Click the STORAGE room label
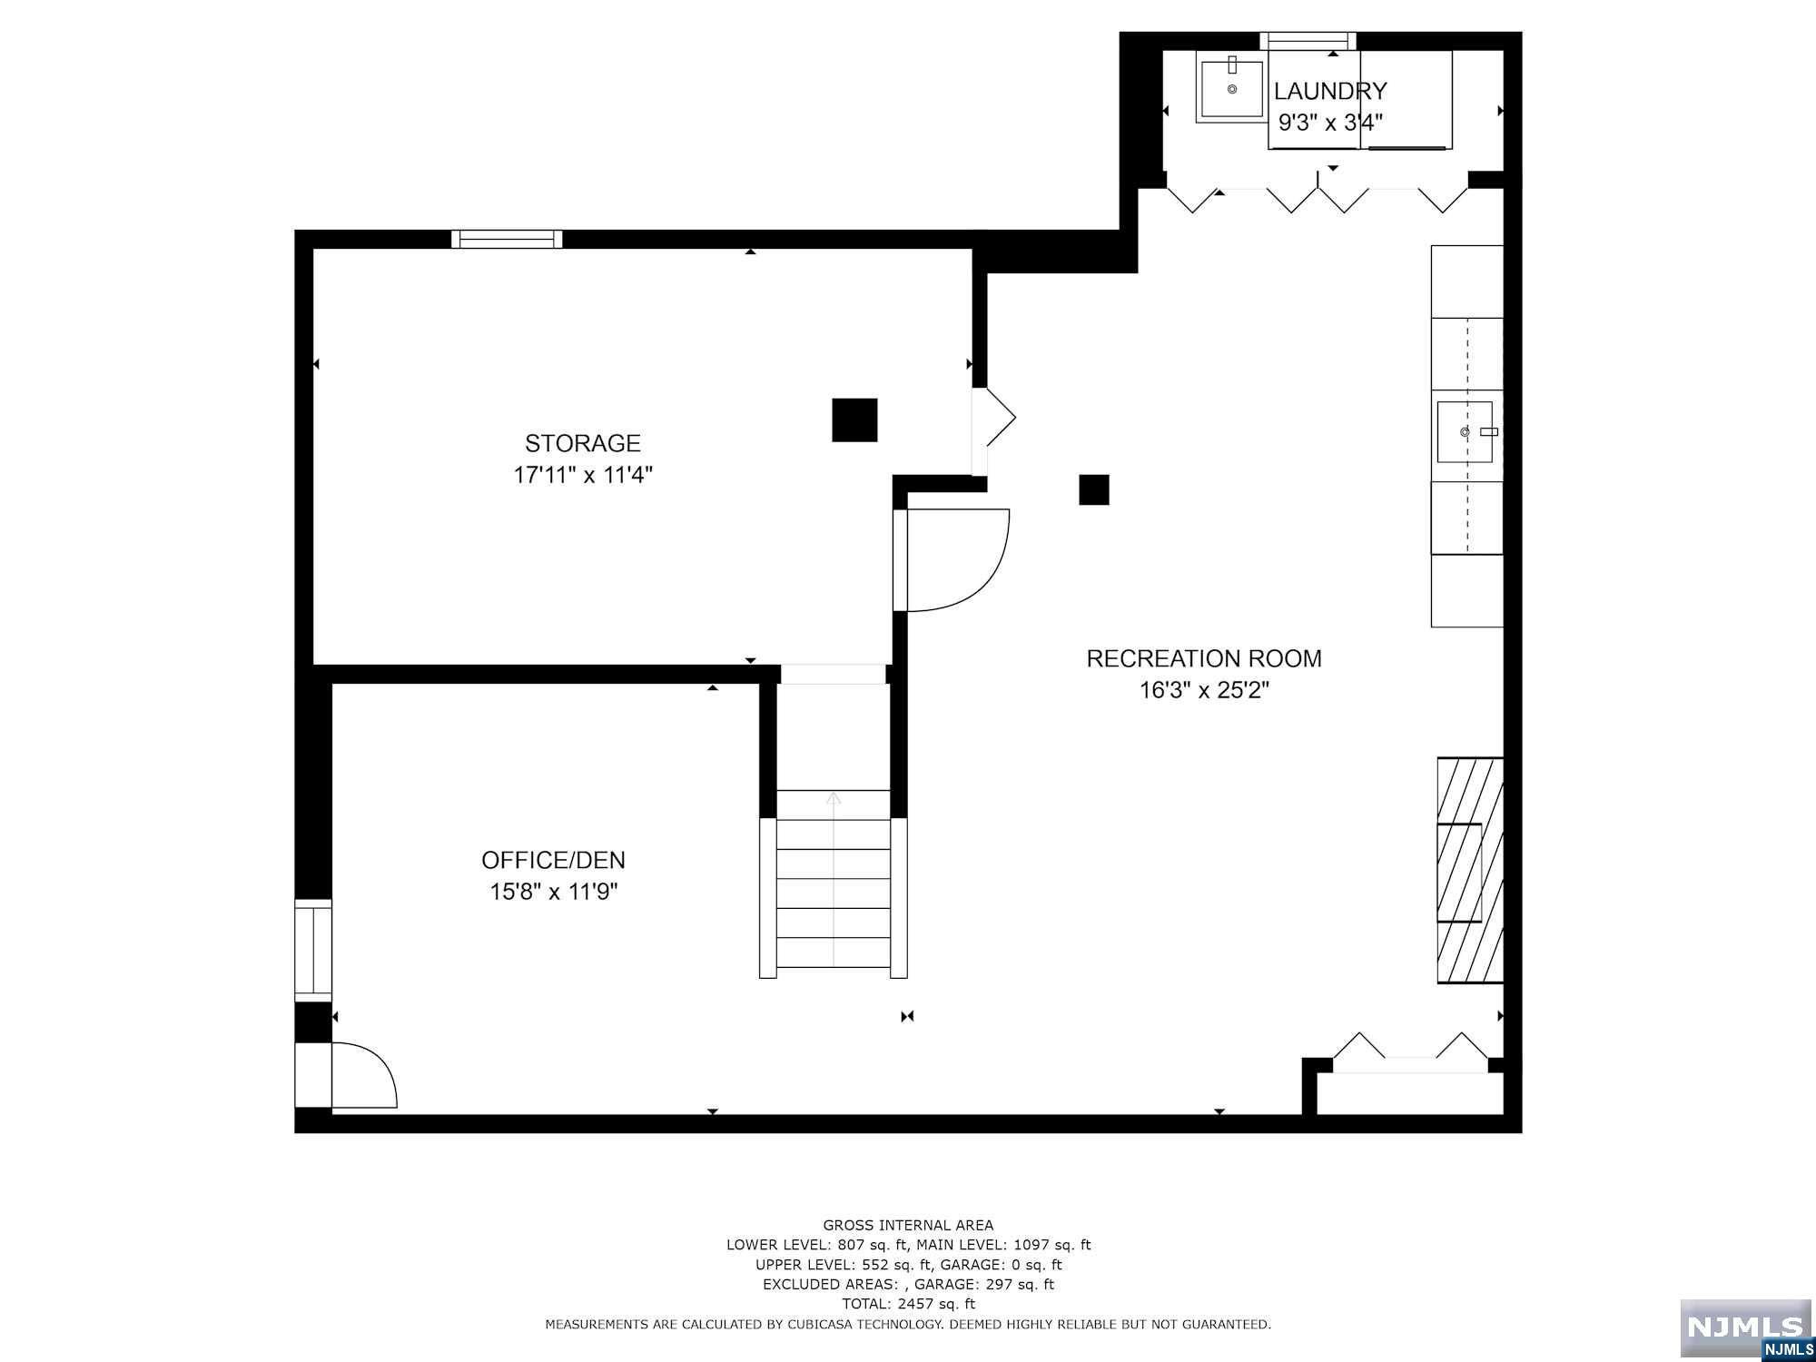pyautogui.click(x=582, y=443)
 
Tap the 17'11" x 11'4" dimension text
pyautogui.click(x=582, y=475)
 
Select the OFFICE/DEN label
pyautogui.click(x=553, y=860)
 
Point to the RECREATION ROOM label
pyautogui.click(x=1204, y=658)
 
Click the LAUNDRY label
pyautogui.click(x=1330, y=91)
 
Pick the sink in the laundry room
pyautogui.click(x=1231, y=89)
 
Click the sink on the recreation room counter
pyautogui.click(x=1465, y=432)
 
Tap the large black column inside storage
pyautogui.click(x=854, y=420)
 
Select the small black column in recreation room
pyautogui.click(x=1093, y=489)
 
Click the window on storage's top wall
pyautogui.click(x=507, y=239)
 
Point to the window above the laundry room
pyautogui.click(x=1308, y=40)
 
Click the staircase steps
pyautogui.click(x=834, y=894)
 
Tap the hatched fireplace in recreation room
pyautogui.click(x=1469, y=870)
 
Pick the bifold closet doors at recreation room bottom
pyautogui.click(x=1410, y=1049)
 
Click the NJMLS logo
pyautogui.click(x=1745, y=1328)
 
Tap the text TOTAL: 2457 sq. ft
pyautogui.click(x=908, y=1304)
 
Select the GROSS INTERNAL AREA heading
pyautogui.click(x=908, y=1225)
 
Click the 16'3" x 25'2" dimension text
pyautogui.click(x=1204, y=691)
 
